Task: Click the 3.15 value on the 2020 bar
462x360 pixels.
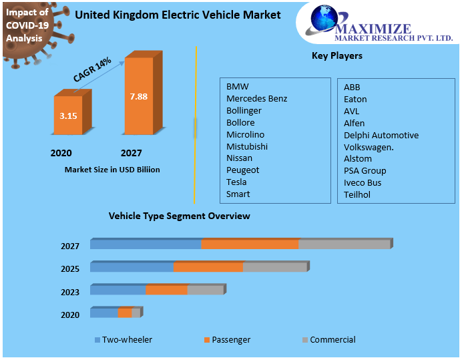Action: [68, 116]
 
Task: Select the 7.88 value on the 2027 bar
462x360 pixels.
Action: [139, 96]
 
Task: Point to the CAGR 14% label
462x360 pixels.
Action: [92, 70]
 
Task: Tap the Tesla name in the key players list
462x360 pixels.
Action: [236, 182]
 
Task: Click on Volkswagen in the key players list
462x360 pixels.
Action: [369, 146]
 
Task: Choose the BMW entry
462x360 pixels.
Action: [237, 87]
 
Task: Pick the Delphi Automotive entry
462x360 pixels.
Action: [381, 135]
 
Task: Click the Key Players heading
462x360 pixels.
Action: [337, 55]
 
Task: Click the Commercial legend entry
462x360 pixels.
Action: [332, 340]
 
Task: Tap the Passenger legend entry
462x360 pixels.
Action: [231, 340]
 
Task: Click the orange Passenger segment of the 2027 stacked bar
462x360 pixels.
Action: [250, 244]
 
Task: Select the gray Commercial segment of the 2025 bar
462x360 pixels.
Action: [274, 267]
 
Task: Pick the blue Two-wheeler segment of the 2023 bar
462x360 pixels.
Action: [118, 290]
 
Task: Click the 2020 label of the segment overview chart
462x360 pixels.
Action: [70, 315]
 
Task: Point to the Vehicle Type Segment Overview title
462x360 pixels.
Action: [180, 216]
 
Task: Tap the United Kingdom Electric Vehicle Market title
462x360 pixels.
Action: [178, 15]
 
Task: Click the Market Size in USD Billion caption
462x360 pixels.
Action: [112, 170]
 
